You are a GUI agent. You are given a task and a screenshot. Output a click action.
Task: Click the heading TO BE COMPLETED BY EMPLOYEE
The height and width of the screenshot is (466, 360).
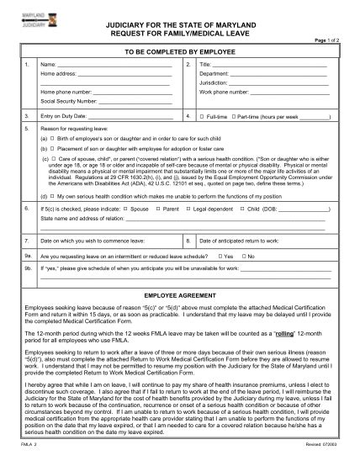pyautogui.click(x=180, y=51)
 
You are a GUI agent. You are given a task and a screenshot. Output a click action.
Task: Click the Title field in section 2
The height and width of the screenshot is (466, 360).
pyautogui.click(x=273, y=65)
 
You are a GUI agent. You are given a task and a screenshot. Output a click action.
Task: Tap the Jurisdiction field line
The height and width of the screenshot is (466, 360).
pyautogui.click(x=281, y=82)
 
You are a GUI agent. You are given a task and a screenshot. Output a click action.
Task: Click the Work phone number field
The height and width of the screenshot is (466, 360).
pyautogui.click(x=291, y=92)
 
